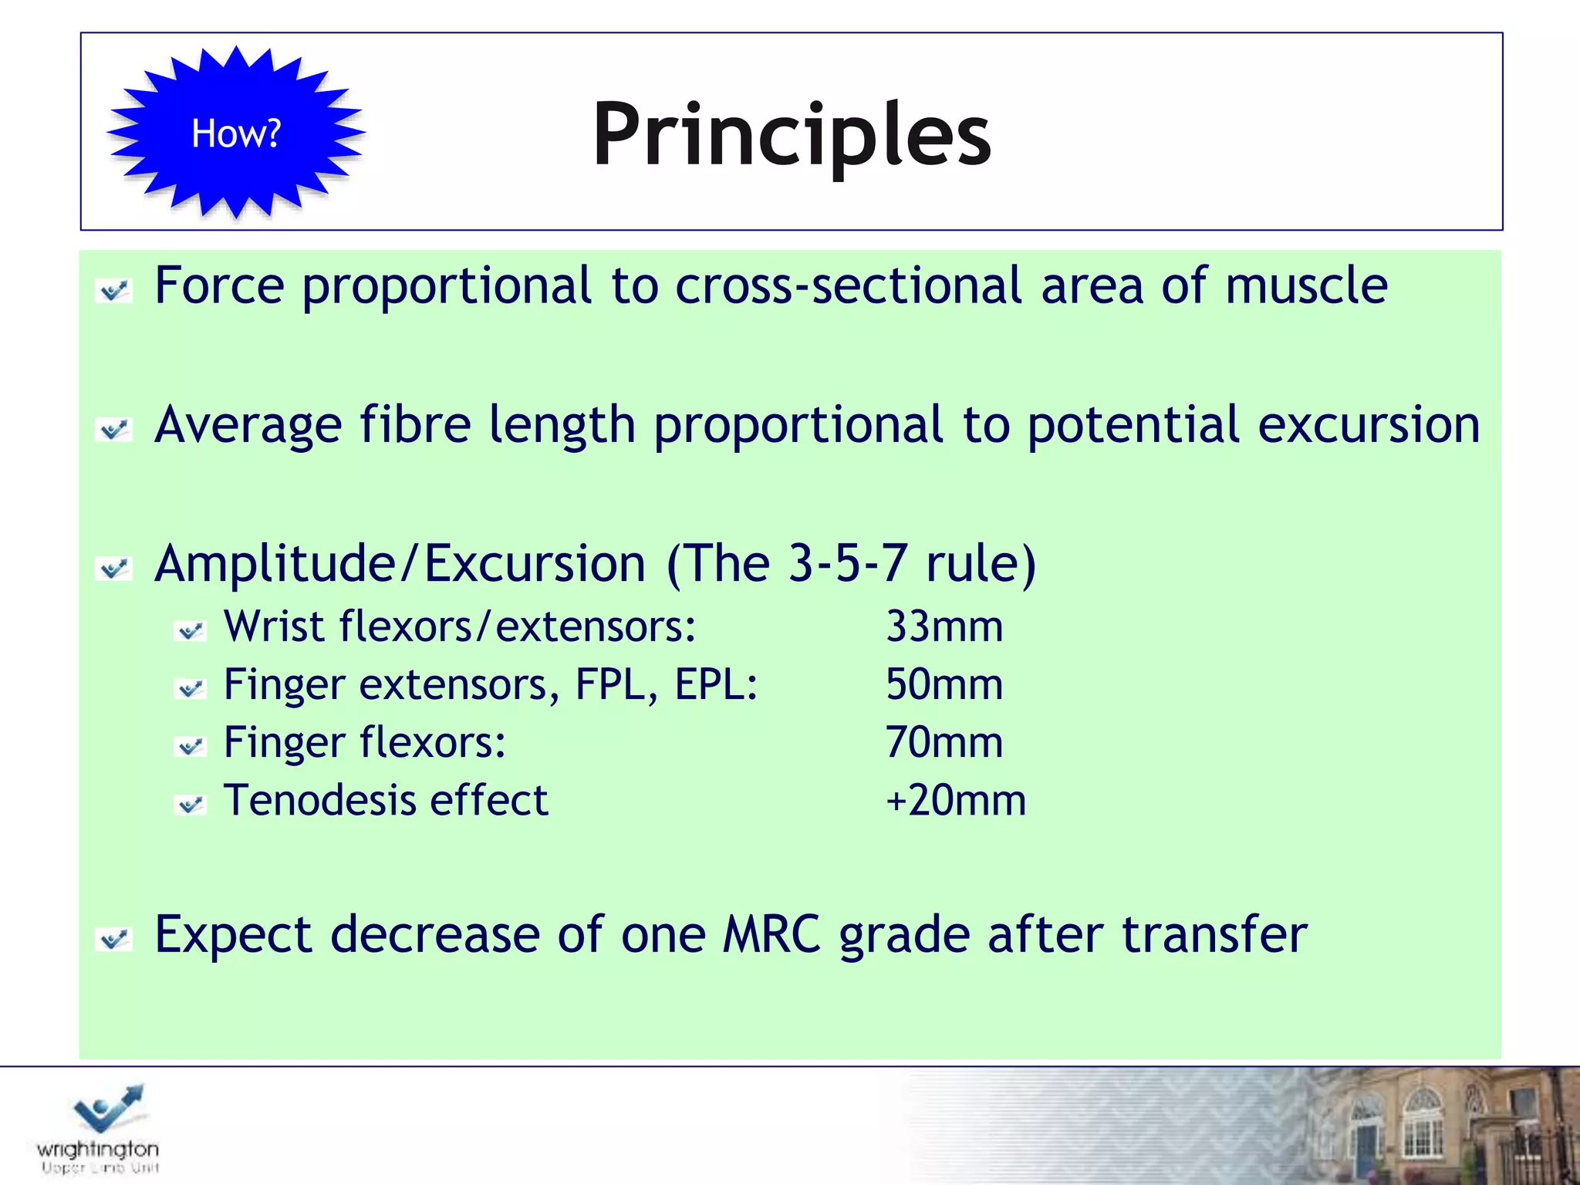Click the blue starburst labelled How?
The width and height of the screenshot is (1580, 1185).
pyautogui.click(x=235, y=133)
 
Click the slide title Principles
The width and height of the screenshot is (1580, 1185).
pyautogui.click(x=792, y=135)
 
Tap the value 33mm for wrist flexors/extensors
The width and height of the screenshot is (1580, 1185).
pyautogui.click(x=944, y=626)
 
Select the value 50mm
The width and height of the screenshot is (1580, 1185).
pyautogui.click(x=944, y=684)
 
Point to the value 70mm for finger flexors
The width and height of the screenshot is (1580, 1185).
pyautogui.click(x=944, y=742)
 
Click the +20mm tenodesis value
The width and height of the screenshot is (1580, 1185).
pyautogui.click(x=955, y=800)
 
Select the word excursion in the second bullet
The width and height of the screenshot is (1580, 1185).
pyautogui.click(x=1369, y=425)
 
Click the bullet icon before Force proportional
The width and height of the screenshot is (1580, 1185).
pyautogui.click(x=114, y=291)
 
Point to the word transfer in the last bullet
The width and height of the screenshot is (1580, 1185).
pyautogui.click(x=1214, y=935)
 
